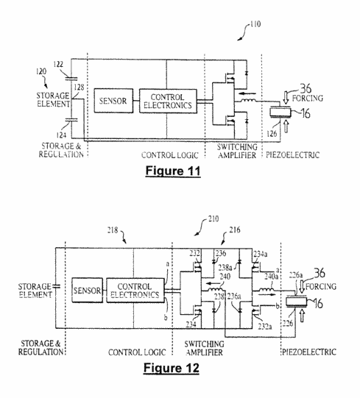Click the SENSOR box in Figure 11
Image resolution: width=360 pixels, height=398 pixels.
(113, 101)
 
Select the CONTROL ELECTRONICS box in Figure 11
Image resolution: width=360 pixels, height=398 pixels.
(168, 101)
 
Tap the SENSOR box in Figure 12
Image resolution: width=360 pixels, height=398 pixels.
(88, 290)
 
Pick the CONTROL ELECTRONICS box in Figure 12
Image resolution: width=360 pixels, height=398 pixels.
(135, 291)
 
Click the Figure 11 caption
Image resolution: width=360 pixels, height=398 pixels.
(173, 171)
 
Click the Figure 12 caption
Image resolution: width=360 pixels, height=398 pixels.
(172, 368)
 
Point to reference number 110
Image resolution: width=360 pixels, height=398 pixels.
(255, 24)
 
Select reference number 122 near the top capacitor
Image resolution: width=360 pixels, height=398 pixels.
(58, 64)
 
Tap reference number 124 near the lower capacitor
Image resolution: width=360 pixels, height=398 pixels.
(61, 135)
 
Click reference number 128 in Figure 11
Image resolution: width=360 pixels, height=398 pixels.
(79, 88)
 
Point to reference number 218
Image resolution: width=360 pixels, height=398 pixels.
(113, 230)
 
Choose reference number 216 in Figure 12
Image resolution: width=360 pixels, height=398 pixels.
(235, 230)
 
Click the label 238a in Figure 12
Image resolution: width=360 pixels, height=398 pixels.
(225, 268)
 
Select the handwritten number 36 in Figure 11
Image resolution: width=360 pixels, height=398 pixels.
(306, 88)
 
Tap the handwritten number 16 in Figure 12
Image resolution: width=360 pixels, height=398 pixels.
(318, 303)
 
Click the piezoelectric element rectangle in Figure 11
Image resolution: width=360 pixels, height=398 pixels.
(280, 113)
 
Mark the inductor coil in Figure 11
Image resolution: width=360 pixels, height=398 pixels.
(247, 101)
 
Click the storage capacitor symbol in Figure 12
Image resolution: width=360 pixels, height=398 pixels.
(56, 286)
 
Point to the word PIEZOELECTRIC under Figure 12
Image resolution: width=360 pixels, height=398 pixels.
(309, 352)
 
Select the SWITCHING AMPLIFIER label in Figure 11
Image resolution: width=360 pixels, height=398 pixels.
(237, 151)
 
